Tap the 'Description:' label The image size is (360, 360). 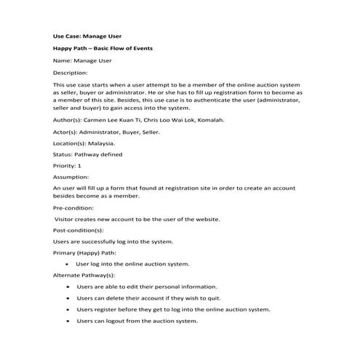click(71, 73)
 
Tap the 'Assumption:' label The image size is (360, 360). click(71, 177)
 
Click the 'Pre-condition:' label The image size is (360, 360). click(73, 208)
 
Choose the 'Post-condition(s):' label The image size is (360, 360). click(78, 229)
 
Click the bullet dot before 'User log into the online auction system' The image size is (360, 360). click(67, 264)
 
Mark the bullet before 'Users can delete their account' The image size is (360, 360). click(67, 298)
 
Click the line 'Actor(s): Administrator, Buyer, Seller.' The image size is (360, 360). click(107, 132)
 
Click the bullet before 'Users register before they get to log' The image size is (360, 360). click(67, 310)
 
